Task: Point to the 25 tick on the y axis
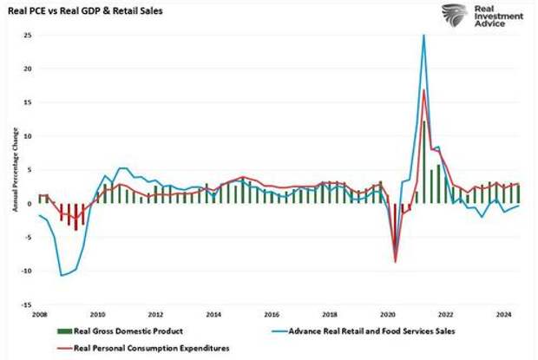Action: click(28, 35)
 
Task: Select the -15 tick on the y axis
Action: click(26, 304)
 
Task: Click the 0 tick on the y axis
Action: click(30, 204)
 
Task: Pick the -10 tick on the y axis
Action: click(26, 271)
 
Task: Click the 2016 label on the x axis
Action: click(271, 316)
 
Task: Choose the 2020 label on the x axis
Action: click(388, 316)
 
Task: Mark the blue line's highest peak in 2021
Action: click(424, 35)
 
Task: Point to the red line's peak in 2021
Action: click(423, 90)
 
